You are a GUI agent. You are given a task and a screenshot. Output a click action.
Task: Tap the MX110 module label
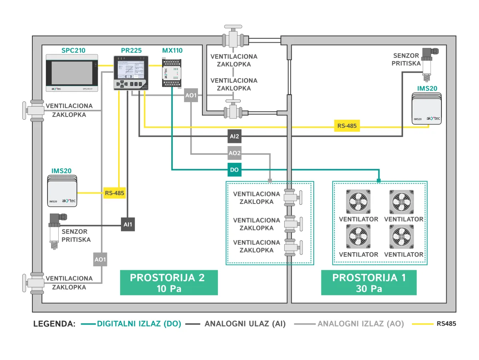(172, 51)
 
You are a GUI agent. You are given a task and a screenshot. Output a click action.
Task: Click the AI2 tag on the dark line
(234, 136)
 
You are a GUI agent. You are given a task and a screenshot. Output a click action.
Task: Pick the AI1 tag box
(128, 224)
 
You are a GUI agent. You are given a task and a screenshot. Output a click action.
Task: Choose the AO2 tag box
(234, 153)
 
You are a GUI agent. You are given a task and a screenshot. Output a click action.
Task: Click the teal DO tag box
(234, 170)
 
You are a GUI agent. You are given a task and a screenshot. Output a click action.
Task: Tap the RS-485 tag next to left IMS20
(115, 193)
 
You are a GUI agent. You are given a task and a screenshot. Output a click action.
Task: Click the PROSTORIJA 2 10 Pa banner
(168, 283)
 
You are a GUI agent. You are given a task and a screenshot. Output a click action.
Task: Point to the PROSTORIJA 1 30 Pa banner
(369, 283)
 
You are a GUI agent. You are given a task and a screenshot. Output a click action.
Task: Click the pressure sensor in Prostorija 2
(55, 231)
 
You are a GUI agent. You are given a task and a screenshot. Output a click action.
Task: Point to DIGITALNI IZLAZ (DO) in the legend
(139, 324)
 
